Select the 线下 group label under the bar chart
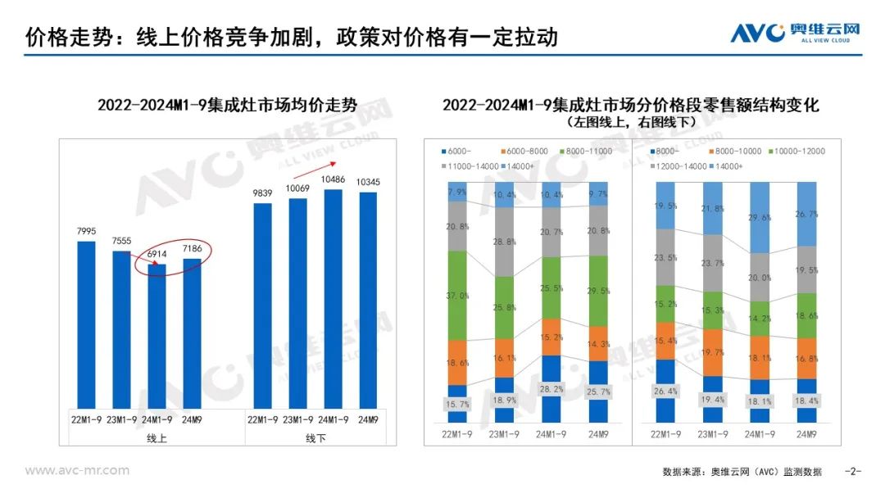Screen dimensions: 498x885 (x=315, y=439)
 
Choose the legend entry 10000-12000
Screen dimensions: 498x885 (x=794, y=152)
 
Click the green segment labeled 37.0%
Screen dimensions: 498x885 (x=456, y=295)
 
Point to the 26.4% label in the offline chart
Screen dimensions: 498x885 (x=665, y=391)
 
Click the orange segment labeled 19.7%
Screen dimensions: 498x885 (x=713, y=352)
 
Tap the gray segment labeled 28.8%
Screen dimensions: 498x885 (x=506, y=243)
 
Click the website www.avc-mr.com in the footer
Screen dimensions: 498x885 (x=77, y=470)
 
